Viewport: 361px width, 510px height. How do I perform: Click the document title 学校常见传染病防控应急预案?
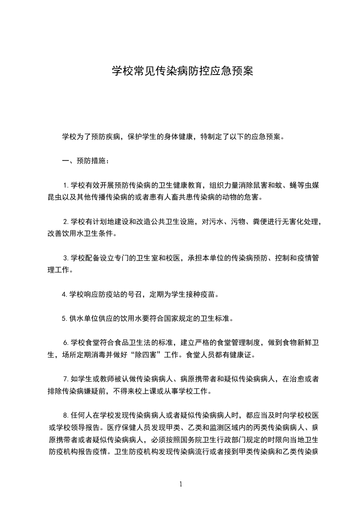click(x=183, y=71)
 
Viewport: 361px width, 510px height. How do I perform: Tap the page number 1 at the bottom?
click(x=181, y=484)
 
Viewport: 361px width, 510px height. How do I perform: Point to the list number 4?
click(x=65, y=294)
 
